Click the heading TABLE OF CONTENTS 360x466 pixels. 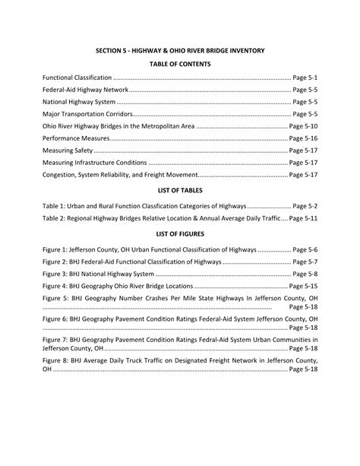click(x=179, y=64)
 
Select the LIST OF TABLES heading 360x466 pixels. click(x=179, y=191)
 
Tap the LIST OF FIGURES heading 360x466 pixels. click(x=179, y=234)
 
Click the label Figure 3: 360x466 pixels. click(x=57, y=273)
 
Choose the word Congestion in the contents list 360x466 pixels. click(x=62, y=175)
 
